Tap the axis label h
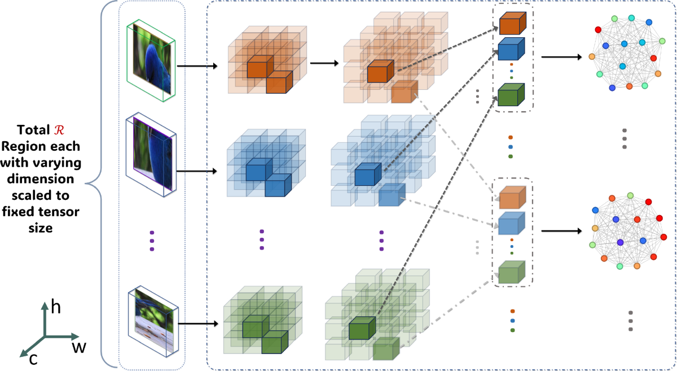[56, 308]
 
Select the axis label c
[33, 358]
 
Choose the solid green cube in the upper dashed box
[511, 95]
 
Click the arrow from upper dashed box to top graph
[561, 56]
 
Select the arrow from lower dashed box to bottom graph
[561, 231]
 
